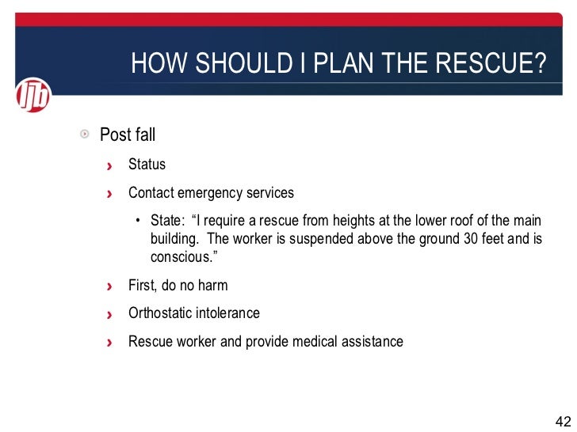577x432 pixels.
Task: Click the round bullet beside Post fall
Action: coord(86,135)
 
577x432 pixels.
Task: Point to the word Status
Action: coord(147,165)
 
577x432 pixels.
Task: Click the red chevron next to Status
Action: coord(110,165)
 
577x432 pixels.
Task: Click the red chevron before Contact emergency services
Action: coord(110,194)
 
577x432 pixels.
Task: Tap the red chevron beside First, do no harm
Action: coord(110,286)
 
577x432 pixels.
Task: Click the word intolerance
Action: coord(230,313)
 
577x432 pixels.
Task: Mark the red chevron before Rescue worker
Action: coord(110,343)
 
